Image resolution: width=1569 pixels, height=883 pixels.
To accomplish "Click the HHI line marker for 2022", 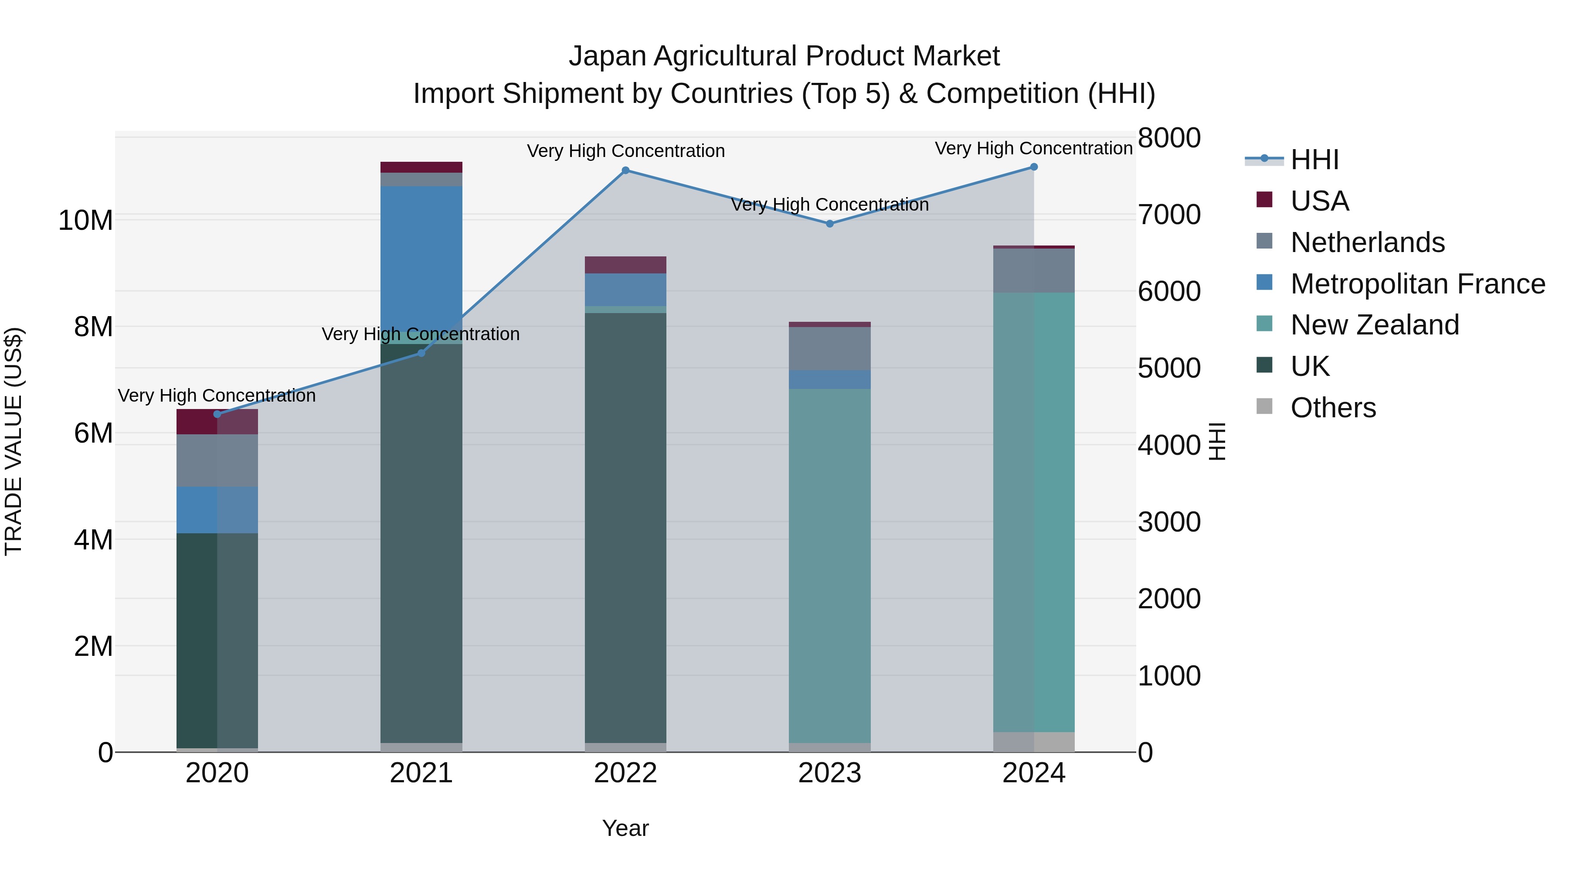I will coord(625,170).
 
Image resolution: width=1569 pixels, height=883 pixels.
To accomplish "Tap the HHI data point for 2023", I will coord(829,224).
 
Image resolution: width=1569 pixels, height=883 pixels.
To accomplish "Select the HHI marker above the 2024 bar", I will coord(1034,167).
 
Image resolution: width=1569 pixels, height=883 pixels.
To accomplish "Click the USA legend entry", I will coord(1319,201).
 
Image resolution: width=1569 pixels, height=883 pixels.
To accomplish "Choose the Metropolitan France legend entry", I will coord(1417,283).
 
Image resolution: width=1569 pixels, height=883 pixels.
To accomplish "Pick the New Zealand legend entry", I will coord(1374,325).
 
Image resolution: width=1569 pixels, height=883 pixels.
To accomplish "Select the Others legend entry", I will coord(1333,408).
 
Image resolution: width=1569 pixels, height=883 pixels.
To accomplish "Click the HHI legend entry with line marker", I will coord(1314,160).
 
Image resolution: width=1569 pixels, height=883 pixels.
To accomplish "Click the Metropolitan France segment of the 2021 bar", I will coord(421,256).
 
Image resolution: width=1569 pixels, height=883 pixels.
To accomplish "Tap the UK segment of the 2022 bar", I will coord(625,524).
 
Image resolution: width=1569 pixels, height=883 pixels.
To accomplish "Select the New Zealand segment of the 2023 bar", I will coord(829,561).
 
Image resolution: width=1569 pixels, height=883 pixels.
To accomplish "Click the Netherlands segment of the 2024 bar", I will coord(1034,270).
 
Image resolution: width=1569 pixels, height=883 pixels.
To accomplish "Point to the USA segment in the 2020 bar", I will coord(217,421).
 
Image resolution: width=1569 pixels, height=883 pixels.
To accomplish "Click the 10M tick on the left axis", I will coord(85,220).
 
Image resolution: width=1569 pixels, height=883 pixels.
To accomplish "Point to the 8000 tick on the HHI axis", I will coord(1168,138).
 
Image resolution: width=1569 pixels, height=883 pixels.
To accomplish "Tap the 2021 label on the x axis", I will coord(421,773).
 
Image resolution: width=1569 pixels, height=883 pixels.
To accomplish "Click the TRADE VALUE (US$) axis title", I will coord(14,441).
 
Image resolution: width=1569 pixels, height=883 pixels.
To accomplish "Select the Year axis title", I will coord(625,828).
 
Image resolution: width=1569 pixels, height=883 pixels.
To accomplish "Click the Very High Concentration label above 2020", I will coord(217,395).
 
